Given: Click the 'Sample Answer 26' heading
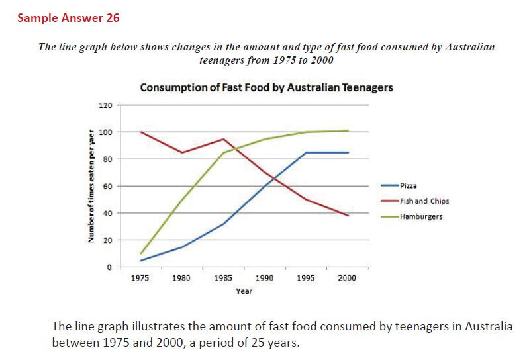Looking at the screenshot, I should click(x=68, y=18).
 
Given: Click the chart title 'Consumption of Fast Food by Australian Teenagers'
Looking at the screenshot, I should click(x=266, y=87).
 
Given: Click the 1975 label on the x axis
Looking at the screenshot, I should click(x=140, y=278).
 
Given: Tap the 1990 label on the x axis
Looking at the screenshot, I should click(x=265, y=278).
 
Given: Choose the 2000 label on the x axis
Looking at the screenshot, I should click(x=347, y=278).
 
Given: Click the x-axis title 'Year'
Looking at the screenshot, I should click(x=243, y=291).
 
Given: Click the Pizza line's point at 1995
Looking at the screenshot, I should click(x=307, y=152).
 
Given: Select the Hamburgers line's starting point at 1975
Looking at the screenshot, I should click(x=140, y=253).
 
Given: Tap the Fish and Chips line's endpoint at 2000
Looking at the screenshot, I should click(x=348, y=215).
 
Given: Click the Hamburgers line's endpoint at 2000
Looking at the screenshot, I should click(x=348, y=131).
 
